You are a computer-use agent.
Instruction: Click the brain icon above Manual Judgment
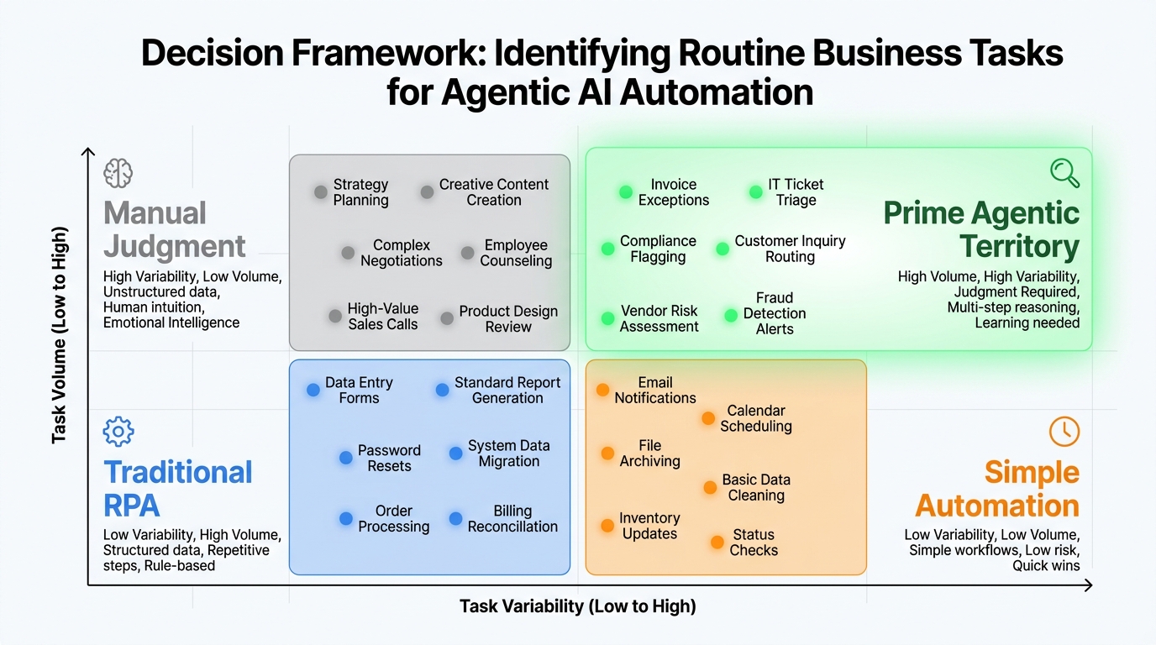pyautogui.click(x=118, y=173)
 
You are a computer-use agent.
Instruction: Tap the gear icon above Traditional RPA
pyautogui.click(x=118, y=432)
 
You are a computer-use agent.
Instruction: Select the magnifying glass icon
pyautogui.click(x=1064, y=173)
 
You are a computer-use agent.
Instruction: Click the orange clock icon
pyautogui.click(x=1064, y=431)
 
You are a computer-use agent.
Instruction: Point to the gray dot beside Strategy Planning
pyautogui.click(x=320, y=192)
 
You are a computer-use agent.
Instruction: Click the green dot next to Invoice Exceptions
pyautogui.click(x=625, y=192)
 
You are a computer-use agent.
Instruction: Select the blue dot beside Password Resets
pyautogui.click(x=345, y=458)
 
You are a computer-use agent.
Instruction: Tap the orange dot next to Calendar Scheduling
pyautogui.click(x=708, y=418)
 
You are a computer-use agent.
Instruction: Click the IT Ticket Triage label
pyautogui.click(x=796, y=192)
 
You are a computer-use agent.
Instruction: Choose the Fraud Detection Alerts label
pyautogui.click(x=774, y=313)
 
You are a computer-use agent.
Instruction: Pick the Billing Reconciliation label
pyautogui.click(x=512, y=519)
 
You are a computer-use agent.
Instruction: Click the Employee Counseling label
pyautogui.click(x=516, y=253)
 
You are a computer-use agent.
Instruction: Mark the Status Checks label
pyautogui.click(x=754, y=543)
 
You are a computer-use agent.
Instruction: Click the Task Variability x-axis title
pyautogui.click(x=577, y=606)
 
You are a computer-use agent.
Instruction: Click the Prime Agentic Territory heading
pyautogui.click(x=980, y=230)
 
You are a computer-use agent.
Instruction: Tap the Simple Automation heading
pyautogui.click(x=997, y=489)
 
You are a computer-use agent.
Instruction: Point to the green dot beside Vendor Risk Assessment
pyautogui.click(x=607, y=318)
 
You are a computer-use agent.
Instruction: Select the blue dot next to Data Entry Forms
pyautogui.click(x=313, y=390)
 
